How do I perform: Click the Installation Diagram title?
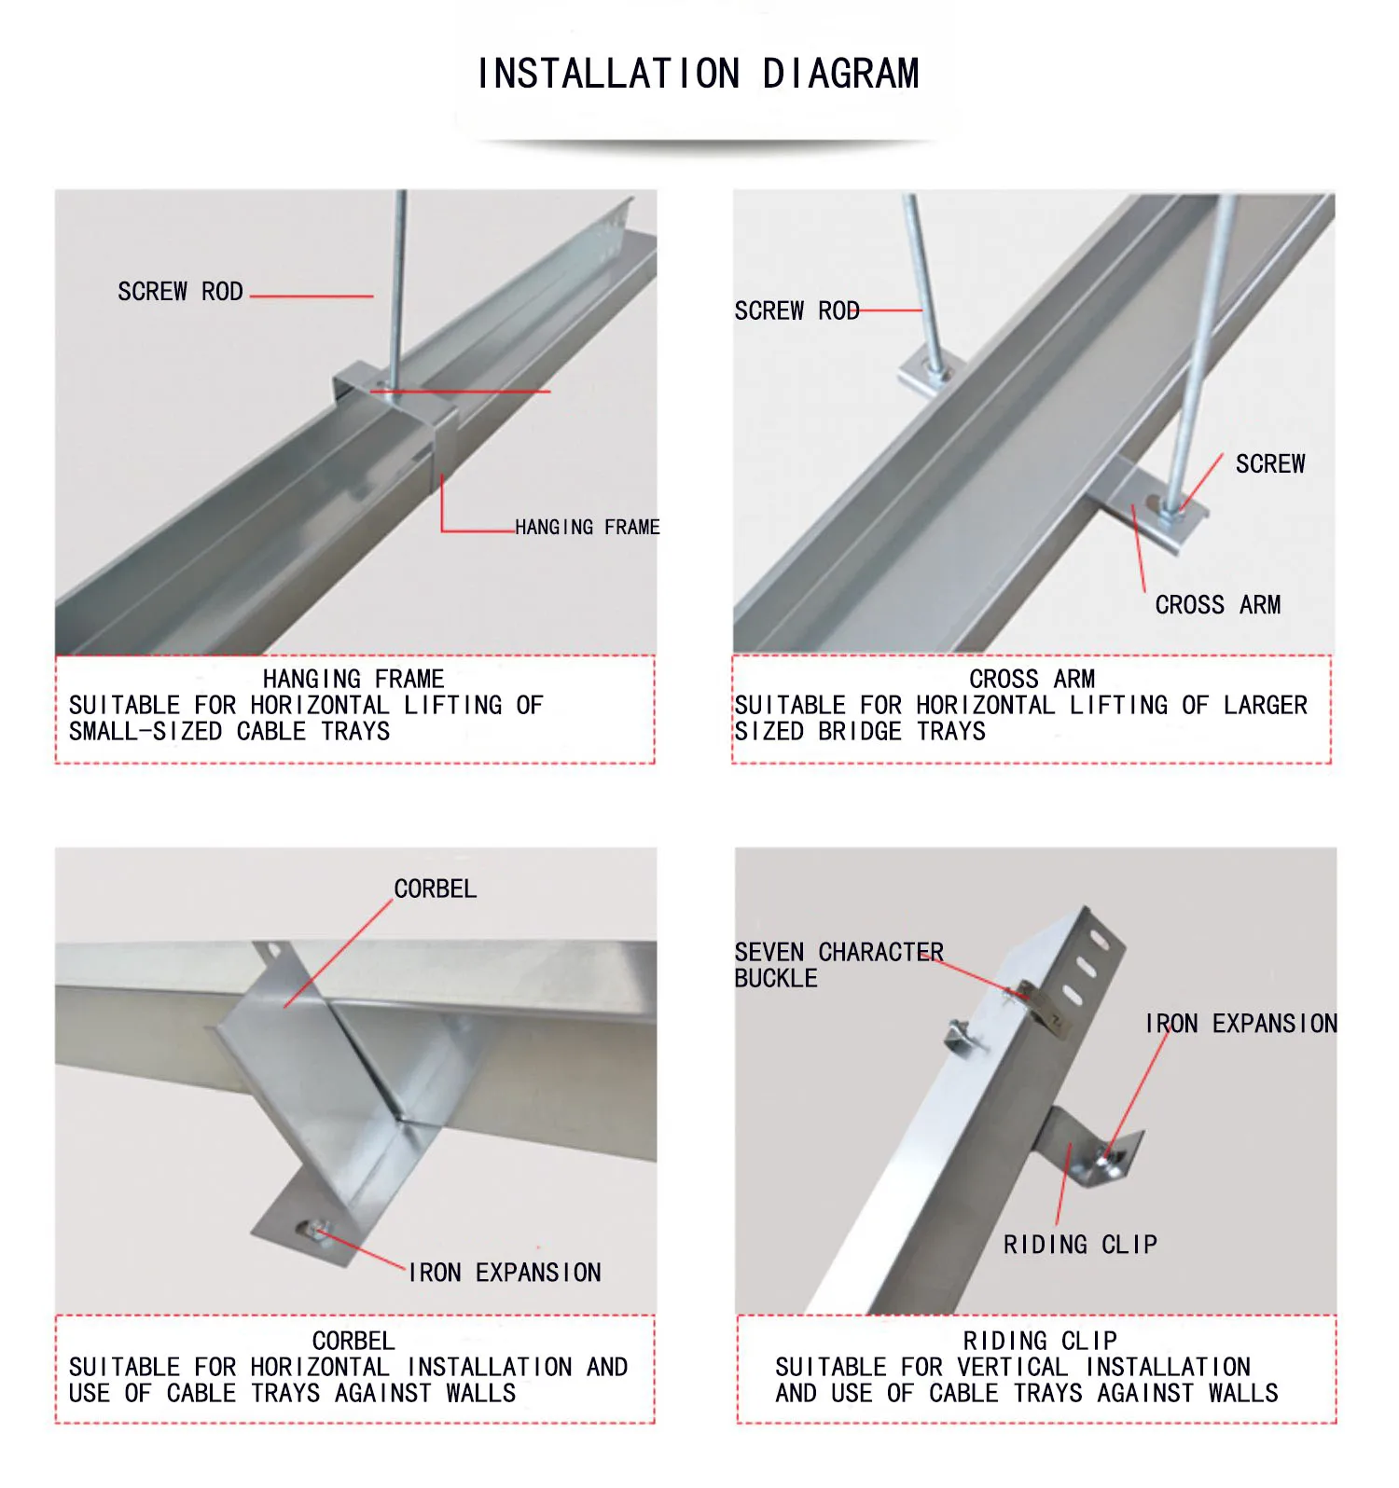coord(699,75)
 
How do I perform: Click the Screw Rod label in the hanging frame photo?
coord(180,292)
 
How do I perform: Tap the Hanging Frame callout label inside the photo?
coord(587,528)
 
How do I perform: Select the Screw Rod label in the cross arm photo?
coord(796,311)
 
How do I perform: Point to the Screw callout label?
coord(1269,464)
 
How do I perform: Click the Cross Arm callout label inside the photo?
coord(1217,605)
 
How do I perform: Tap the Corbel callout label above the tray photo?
coord(435,889)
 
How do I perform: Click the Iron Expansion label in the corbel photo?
coord(505,1273)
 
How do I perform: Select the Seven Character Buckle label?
coord(838,965)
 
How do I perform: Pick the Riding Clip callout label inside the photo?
coord(1080,1245)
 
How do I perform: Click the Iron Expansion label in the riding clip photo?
coord(1240,1024)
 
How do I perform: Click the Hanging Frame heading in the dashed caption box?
coord(353,679)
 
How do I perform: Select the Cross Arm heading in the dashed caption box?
coord(1032,679)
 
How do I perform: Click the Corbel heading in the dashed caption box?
coord(353,1341)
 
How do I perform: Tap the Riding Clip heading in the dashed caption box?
coord(1040,1341)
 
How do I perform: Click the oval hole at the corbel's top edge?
coord(272,951)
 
